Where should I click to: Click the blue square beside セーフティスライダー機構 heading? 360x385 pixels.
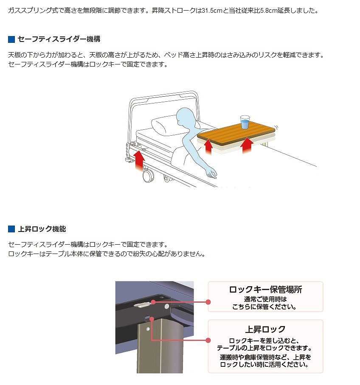click(11, 39)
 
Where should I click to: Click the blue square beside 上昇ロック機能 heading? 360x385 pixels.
click(11, 229)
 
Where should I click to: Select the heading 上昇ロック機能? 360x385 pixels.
click(42, 229)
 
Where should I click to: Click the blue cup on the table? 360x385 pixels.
click(245, 122)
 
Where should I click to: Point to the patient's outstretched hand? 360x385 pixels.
click(211, 173)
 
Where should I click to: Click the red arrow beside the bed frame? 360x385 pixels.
click(139, 160)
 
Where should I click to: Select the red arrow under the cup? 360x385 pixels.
click(247, 145)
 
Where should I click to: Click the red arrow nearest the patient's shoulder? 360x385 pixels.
click(208, 147)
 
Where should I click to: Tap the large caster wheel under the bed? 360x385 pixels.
click(148, 176)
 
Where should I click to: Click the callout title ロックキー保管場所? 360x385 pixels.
click(266, 290)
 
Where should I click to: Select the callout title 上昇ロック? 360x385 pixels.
click(266, 329)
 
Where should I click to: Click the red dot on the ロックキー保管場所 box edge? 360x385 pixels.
click(208, 302)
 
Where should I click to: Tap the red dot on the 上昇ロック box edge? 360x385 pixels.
click(208, 340)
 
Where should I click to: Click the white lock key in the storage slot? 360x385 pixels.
click(141, 304)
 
